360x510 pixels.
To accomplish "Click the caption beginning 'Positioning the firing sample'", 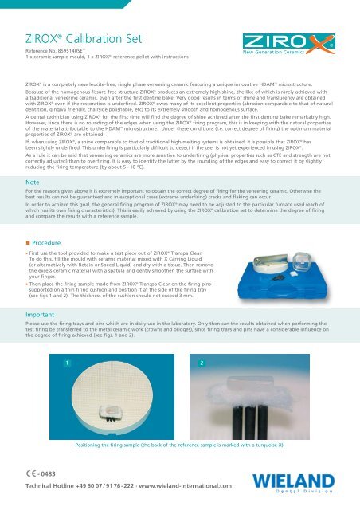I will click(179, 444).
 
